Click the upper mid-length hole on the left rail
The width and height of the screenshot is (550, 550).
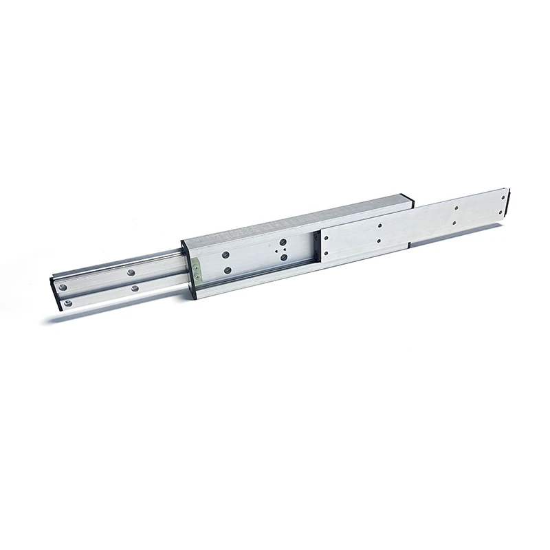pos(129,273)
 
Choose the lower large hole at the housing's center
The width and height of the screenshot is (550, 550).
pos(284,257)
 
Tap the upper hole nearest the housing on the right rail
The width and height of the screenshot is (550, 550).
pos(326,239)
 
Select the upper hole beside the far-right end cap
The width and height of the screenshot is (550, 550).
pos(456,208)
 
